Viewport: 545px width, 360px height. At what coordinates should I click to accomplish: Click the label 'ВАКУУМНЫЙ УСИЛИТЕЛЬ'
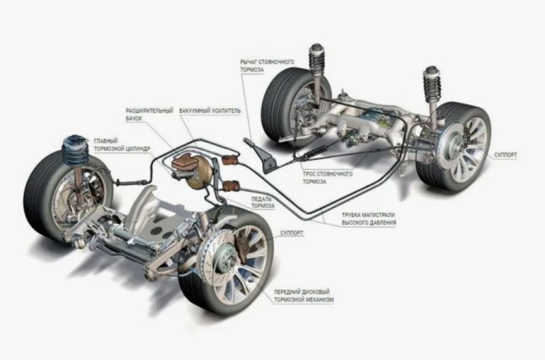point(210,111)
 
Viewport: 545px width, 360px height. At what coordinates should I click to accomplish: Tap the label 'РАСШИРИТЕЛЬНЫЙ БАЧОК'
point(149,115)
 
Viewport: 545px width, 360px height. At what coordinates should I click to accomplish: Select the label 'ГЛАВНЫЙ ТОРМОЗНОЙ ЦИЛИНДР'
point(122,145)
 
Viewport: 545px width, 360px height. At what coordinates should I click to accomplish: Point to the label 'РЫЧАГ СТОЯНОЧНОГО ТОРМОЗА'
point(267,66)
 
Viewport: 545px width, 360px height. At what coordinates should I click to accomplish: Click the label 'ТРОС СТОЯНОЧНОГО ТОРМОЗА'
point(327,178)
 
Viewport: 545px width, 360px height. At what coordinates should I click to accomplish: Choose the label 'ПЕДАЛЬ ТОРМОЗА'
point(263,202)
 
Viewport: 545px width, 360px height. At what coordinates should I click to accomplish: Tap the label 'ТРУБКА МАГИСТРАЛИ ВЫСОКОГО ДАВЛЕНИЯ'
point(369,219)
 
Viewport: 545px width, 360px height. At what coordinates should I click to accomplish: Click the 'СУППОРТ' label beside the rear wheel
point(505,155)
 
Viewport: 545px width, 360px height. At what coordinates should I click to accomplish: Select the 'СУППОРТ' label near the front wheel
point(292,233)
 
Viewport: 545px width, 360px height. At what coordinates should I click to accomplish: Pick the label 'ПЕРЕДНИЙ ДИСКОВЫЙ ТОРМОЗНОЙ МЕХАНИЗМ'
point(304,296)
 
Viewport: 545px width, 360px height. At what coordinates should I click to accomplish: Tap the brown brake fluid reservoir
point(185,163)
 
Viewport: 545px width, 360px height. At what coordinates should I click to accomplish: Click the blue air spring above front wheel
point(75,151)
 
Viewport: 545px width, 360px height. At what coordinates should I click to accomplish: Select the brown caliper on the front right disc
point(241,248)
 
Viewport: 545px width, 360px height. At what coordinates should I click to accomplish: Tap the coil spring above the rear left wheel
point(316,63)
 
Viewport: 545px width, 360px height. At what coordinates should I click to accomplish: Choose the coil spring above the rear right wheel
point(432,84)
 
